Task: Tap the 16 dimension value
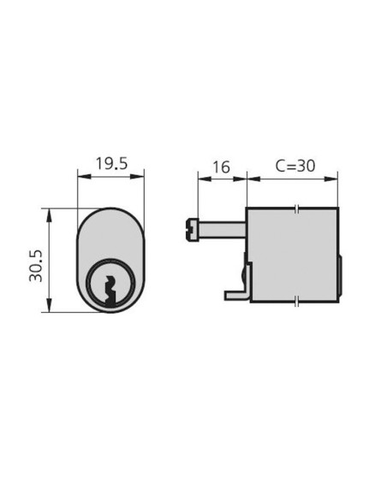[x=220, y=167]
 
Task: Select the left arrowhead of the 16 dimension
[x=201, y=179]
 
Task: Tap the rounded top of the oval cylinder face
[x=110, y=210]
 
